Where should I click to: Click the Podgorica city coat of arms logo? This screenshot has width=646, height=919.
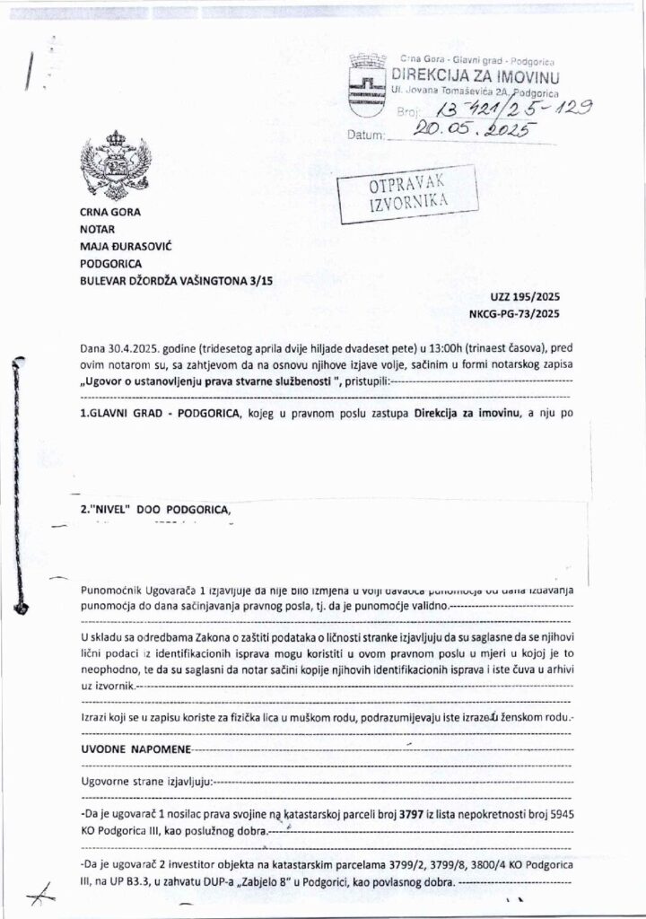tap(364, 82)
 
